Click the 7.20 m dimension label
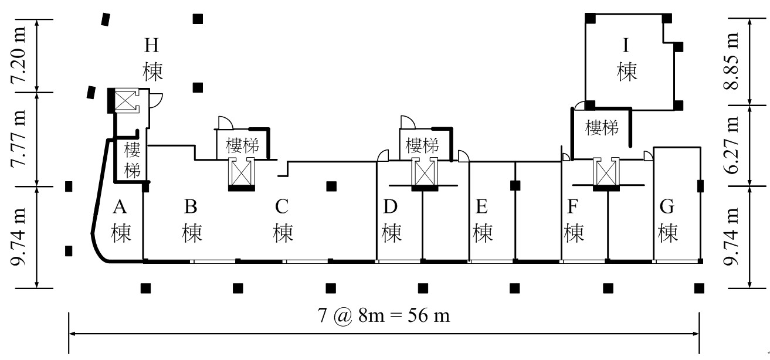point(18,55)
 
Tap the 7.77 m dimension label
point(18,139)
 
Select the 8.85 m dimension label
point(731,61)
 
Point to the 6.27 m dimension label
point(731,145)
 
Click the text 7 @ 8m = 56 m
point(384,315)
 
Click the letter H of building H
point(151,45)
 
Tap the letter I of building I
point(626,45)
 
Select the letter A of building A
point(120,206)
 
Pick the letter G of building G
point(667,207)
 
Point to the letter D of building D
point(391,206)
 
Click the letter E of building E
point(481,206)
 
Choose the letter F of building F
point(572,206)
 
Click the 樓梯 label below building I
point(602,128)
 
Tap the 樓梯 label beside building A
point(133,160)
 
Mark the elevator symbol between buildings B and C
point(241,174)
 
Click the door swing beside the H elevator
point(156,101)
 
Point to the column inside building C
point(331,186)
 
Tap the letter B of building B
point(191,206)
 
